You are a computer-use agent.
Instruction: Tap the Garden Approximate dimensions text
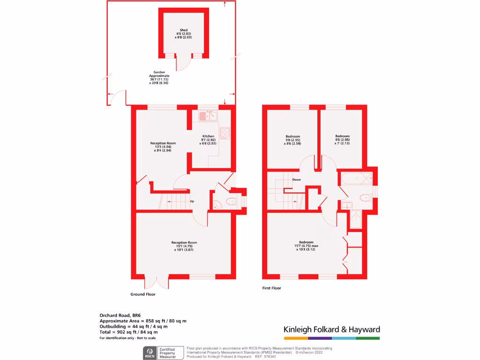click(159, 77)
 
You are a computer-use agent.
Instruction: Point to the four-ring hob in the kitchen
click(225, 133)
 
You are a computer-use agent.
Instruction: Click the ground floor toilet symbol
click(231, 202)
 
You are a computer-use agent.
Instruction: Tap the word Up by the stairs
click(192, 202)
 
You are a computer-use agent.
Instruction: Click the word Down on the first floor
click(296, 180)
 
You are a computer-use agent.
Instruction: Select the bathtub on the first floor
click(357, 178)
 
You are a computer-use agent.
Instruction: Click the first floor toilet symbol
click(364, 198)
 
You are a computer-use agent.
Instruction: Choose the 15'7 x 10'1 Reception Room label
click(184, 246)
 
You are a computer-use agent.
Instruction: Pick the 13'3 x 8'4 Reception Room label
click(163, 147)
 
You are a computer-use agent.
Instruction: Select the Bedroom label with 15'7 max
click(303, 246)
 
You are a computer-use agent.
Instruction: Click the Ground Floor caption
click(142, 294)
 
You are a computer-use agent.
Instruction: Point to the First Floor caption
click(271, 288)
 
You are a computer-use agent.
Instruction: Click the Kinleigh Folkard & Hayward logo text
click(332, 329)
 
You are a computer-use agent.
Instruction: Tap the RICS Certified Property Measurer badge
click(163, 352)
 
